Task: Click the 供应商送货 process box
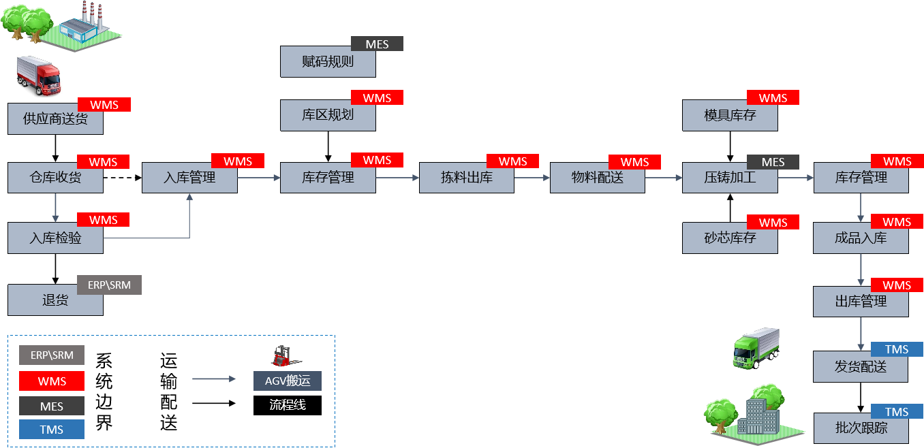point(55,119)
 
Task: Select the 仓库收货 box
point(55,178)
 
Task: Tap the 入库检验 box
point(55,238)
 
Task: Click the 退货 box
point(55,300)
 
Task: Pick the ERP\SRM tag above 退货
point(109,285)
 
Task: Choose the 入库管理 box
point(189,178)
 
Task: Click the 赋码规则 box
point(328,62)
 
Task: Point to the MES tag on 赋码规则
point(377,44)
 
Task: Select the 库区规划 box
point(328,115)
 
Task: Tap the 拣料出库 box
point(467,178)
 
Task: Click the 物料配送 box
point(598,178)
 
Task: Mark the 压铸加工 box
point(730,178)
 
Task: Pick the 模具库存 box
point(730,115)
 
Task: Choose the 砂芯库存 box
point(730,238)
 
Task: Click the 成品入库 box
point(861,238)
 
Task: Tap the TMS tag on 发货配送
point(897,349)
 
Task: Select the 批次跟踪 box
point(861,428)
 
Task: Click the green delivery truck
point(755,348)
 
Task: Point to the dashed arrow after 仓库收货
point(123,178)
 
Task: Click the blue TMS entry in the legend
point(52,430)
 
